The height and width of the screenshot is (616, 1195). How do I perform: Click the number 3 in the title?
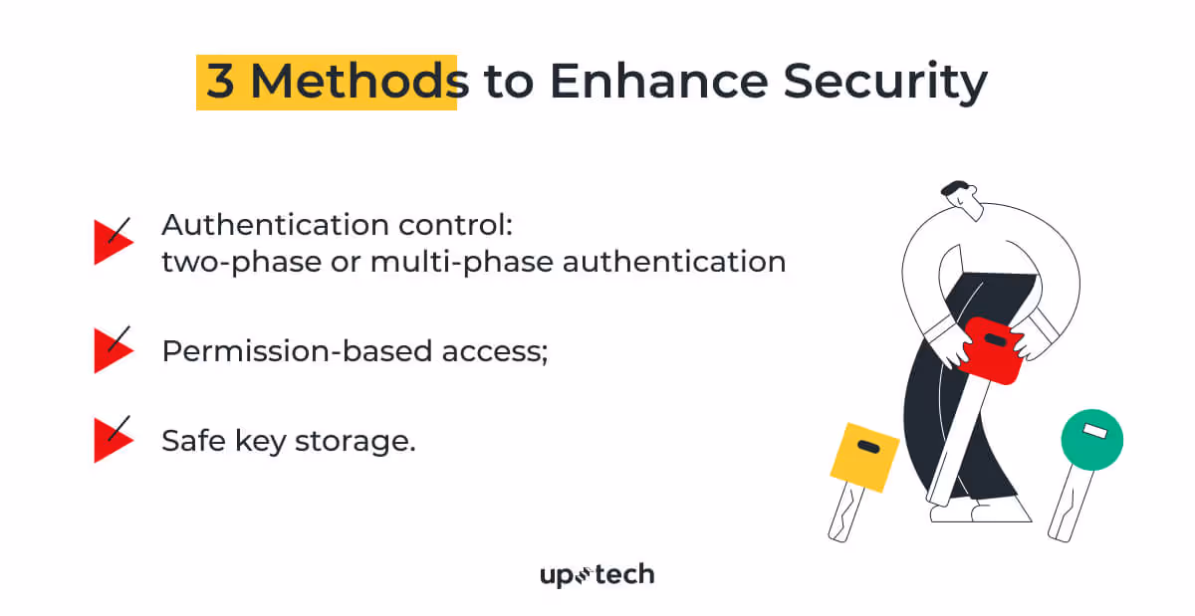(220, 82)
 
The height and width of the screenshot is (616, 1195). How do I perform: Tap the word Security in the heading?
(884, 82)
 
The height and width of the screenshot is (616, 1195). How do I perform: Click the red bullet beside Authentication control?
(112, 242)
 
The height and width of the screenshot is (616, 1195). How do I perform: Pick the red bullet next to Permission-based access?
(112, 349)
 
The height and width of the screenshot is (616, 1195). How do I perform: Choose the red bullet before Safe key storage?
(112, 439)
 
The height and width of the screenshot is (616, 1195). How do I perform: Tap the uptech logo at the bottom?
(597, 575)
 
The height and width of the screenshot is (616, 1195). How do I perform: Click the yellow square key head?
(864, 457)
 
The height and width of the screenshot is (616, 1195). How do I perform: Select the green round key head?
(1091, 439)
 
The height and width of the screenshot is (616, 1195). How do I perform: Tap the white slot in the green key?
(1094, 431)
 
